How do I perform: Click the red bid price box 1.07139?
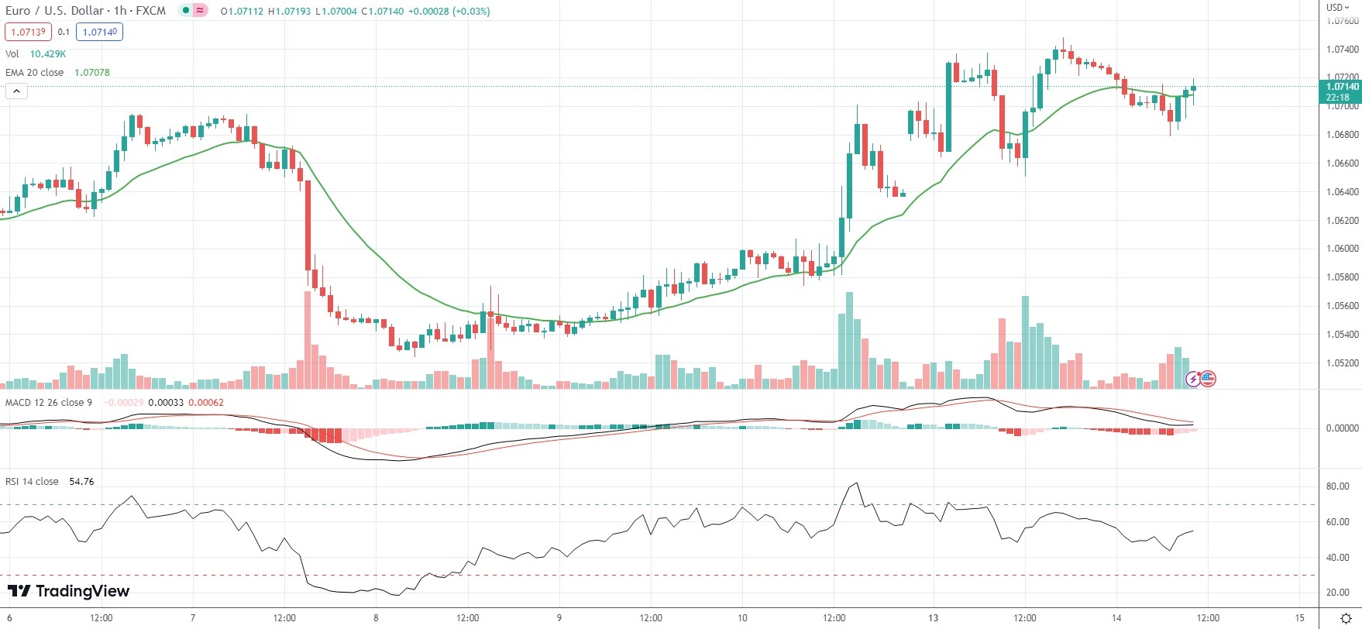pos(28,32)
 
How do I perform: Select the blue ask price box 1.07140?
pos(99,32)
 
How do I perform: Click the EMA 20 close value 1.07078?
pos(92,72)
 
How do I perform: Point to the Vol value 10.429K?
pos(48,54)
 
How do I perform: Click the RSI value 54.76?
pos(81,481)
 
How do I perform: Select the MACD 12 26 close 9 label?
pos(49,402)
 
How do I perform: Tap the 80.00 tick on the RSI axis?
pos(1338,486)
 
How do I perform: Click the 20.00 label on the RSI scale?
pos(1338,593)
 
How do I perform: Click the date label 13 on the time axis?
pos(933,618)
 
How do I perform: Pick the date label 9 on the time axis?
pos(559,618)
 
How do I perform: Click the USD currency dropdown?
pos(1337,8)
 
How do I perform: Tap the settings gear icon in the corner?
pos(1346,618)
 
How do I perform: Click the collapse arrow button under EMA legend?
pos(16,91)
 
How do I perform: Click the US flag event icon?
pos(1208,379)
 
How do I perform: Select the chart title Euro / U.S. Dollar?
pos(54,11)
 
